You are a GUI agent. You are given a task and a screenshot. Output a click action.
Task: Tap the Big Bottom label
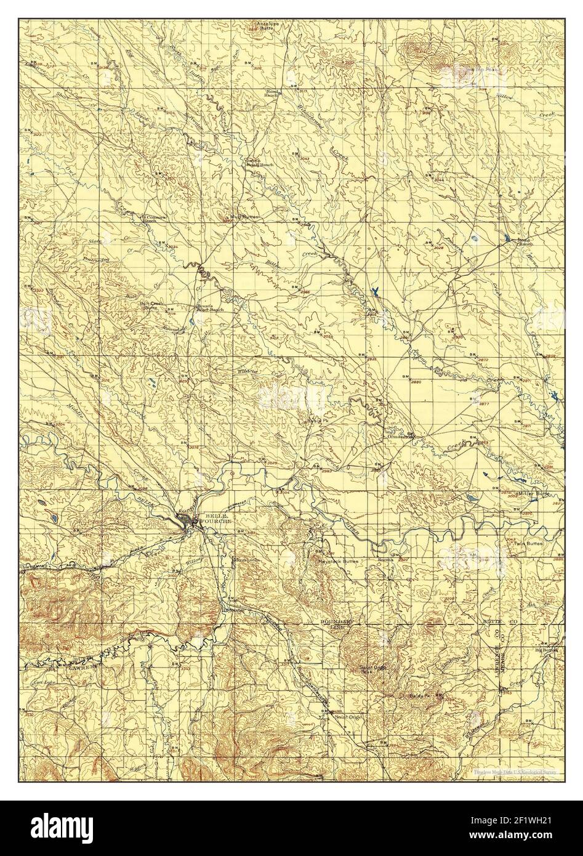pyautogui.click(x=545, y=649)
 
